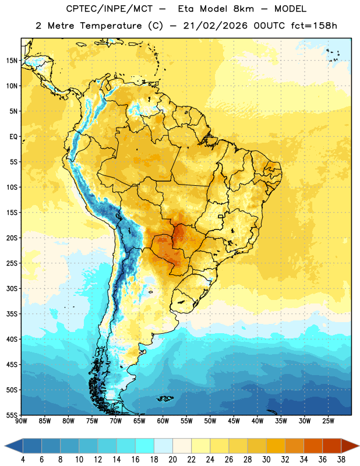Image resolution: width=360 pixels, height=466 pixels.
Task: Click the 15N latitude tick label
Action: pos(12,61)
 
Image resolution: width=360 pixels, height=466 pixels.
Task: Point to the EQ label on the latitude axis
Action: pos(13,137)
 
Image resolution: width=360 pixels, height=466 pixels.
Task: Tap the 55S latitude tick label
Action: pos(12,415)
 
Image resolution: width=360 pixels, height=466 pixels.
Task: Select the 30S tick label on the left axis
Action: pos(12,288)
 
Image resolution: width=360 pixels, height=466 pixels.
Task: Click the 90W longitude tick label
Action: pos(21,421)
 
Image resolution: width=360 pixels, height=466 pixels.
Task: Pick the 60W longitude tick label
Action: pos(163,421)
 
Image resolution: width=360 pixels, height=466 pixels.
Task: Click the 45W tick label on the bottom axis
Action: pos(234,421)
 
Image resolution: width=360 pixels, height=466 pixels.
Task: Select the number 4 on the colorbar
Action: pos(23,460)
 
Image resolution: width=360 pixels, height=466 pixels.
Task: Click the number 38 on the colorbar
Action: pos(341,460)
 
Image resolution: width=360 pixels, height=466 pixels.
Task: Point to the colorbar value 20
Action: pos(172,460)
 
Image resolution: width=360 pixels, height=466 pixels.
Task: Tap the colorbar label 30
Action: pos(266,460)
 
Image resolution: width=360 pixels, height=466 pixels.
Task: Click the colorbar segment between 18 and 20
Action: pos(163,446)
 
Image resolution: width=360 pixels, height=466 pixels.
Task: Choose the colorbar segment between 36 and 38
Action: pos(332,446)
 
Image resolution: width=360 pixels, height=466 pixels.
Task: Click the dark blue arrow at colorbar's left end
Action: pos(13,446)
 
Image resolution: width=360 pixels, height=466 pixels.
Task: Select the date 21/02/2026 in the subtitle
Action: pos(216,26)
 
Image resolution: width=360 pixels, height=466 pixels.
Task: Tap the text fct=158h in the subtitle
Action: pos(314,26)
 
